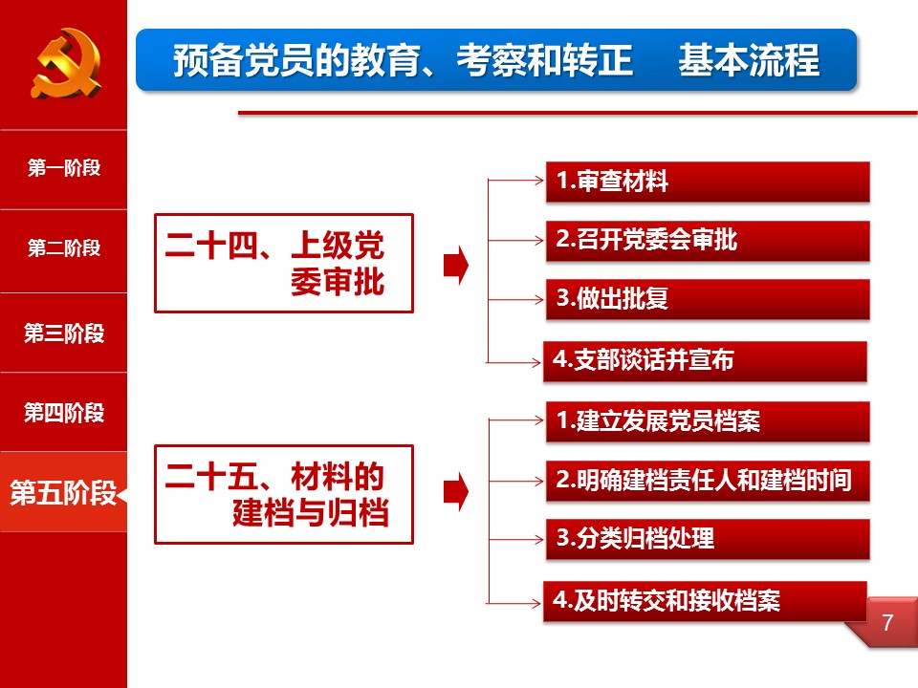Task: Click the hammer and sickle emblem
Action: (66, 63)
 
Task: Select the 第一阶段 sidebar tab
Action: (63, 168)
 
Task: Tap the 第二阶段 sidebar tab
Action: (63, 248)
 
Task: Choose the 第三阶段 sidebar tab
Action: (63, 333)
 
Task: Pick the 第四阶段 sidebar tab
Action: (63, 413)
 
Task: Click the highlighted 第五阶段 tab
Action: (63, 492)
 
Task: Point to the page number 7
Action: (887, 622)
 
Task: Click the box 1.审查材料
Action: (708, 182)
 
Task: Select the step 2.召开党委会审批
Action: (708, 241)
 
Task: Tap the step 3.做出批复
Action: (708, 299)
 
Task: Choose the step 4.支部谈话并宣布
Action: (705, 361)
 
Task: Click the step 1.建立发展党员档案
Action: (708, 421)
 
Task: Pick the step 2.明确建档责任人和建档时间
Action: (708, 481)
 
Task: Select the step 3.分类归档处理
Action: (708, 539)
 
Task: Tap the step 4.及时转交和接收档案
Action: (705, 601)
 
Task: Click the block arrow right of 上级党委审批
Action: (456, 265)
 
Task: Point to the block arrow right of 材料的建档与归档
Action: (456, 492)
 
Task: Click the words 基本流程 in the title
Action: (749, 60)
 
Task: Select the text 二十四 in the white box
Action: (211, 246)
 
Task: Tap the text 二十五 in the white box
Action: (211, 476)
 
